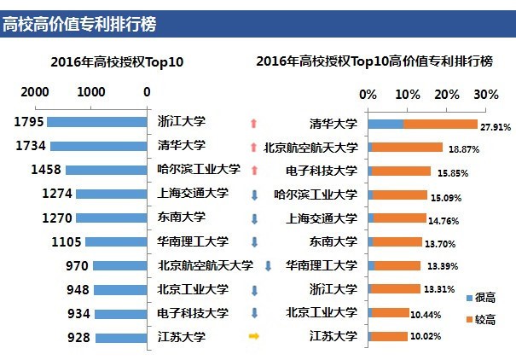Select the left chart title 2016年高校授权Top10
tap(118, 61)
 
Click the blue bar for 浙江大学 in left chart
tap(98, 122)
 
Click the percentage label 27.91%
tap(496, 126)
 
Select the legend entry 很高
tap(483, 296)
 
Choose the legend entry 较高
tap(483, 319)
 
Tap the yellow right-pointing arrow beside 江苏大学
tap(253, 337)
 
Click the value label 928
tap(78, 338)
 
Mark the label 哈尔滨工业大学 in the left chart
tap(194, 169)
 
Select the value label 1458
tap(45, 170)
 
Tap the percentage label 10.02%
tap(427, 338)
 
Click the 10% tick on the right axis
tap(408, 93)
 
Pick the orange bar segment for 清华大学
tap(440, 124)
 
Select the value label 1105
tap(65, 242)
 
